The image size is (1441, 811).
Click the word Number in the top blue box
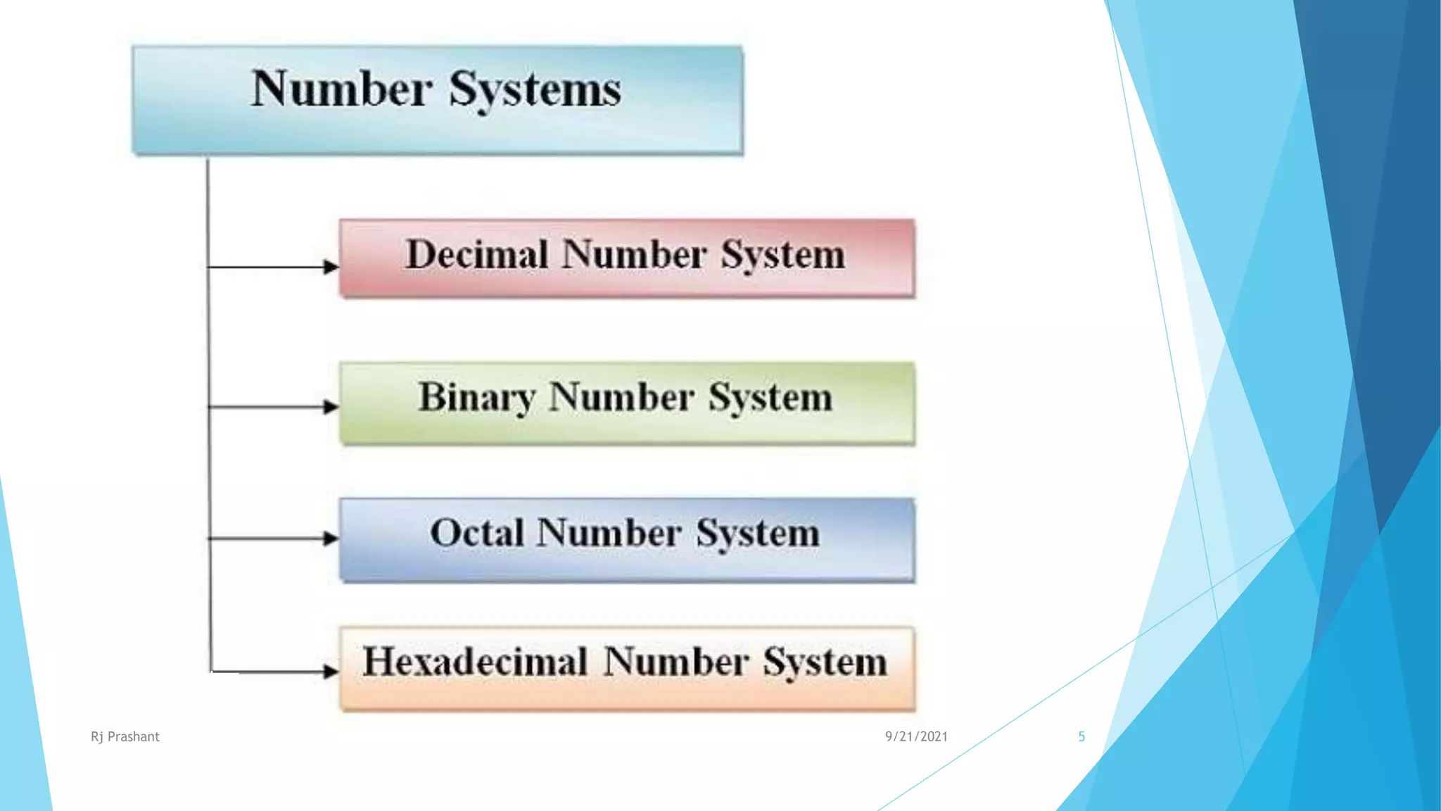click(x=341, y=89)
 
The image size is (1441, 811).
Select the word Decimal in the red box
click(x=477, y=254)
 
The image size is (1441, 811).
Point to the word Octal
click(x=477, y=533)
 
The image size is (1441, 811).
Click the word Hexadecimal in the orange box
click(x=475, y=662)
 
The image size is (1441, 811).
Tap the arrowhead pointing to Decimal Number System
click(x=331, y=267)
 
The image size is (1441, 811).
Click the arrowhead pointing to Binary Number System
click(x=331, y=407)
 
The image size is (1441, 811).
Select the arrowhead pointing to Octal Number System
click(x=331, y=539)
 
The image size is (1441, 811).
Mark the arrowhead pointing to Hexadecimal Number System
click(x=331, y=671)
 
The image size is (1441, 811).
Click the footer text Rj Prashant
click(x=125, y=736)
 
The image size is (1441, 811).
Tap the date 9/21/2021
click(x=916, y=736)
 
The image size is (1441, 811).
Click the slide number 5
click(x=1081, y=736)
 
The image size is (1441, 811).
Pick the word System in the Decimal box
click(x=783, y=255)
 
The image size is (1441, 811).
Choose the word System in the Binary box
click(x=770, y=398)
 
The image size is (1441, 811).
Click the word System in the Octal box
click(x=758, y=534)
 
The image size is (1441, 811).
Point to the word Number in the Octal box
click(x=609, y=533)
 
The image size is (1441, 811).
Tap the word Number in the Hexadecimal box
click(x=675, y=662)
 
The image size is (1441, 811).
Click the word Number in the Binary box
click(x=622, y=397)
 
